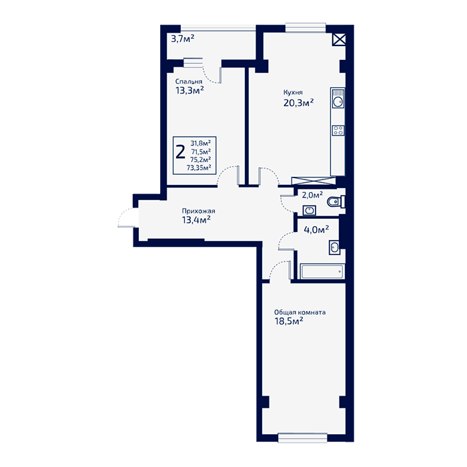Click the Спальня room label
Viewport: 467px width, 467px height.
click(x=189, y=81)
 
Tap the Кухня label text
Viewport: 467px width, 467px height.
click(x=293, y=92)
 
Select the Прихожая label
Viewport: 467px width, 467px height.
click(x=198, y=211)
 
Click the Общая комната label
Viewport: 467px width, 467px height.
click(x=300, y=312)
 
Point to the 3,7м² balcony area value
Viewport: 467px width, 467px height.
click(x=183, y=39)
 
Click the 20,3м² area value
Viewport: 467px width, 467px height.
click(x=298, y=103)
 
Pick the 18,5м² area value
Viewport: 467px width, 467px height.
click(x=289, y=321)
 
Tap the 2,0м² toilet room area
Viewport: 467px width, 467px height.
click(x=312, y=195)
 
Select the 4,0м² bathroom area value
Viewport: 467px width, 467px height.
click(x=316, y=229)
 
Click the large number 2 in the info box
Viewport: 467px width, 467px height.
click(x=181, y=152)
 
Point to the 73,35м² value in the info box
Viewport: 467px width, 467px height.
click(x=199, y=167)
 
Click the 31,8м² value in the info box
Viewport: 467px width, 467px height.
click(x=201, y=143)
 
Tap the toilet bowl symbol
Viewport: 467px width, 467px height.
click(x=336, y=202)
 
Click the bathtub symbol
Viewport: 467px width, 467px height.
click(x=322, y=272)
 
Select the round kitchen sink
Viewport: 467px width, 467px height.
click(x=338, y=102)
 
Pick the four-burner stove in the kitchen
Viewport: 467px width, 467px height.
click(x=338, y=131)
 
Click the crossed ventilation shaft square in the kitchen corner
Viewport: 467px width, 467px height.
click(x=339, y=39)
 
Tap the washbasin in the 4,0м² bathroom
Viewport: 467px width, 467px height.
click(x=334, y=248)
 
